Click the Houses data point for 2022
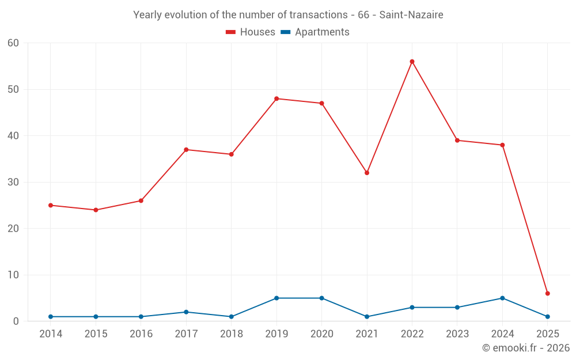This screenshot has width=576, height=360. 412,62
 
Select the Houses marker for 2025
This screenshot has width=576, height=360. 547,294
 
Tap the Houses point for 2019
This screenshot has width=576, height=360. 276,98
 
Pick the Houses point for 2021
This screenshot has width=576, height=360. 367,173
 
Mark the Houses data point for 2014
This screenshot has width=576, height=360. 51,205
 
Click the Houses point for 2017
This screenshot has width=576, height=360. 186,150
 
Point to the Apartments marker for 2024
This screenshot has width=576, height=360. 502,298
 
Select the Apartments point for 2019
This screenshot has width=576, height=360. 276,298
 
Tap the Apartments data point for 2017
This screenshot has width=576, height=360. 186,312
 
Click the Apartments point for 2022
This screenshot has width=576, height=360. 412,308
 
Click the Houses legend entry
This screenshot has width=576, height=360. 251,32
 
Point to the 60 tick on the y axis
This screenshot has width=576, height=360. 13,43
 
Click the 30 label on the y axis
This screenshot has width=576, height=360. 13,183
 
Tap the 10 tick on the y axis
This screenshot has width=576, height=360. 13,275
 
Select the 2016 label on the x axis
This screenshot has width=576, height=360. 141,334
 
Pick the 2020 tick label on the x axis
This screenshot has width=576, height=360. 321,334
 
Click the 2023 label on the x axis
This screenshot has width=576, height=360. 457,334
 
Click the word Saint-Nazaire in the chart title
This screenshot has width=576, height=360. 411,15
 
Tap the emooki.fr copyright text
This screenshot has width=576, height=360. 525,348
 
